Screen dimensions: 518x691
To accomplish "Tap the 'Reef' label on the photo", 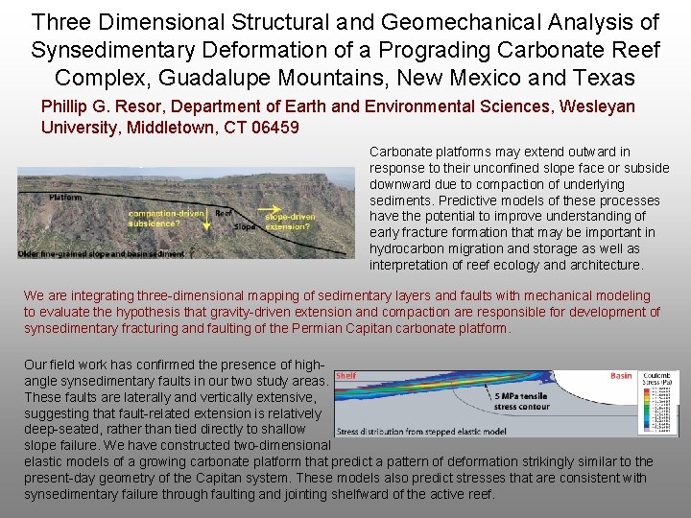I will (x=225, y=213).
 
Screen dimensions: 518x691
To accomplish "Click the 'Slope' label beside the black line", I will (x=246, y=226).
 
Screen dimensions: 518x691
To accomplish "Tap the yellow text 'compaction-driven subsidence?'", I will (x=165, y=218).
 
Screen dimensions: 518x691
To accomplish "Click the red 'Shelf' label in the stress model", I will (x=345, y=377).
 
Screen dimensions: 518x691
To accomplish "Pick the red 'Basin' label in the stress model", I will (x=621, y=377).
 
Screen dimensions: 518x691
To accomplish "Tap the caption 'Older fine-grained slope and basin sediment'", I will (x=100, y=254).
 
